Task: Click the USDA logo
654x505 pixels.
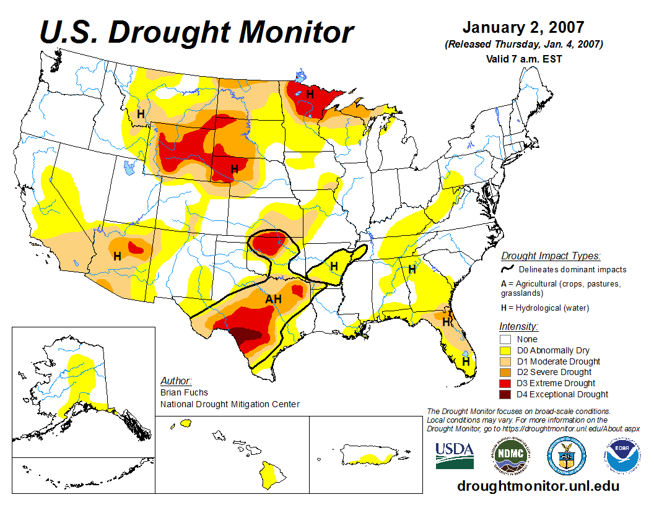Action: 455,455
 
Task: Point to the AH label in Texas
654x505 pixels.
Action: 274,300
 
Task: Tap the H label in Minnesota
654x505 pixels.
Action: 310,95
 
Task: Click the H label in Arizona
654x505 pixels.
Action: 117,256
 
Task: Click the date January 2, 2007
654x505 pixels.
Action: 523,28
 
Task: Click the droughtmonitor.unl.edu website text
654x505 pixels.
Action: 538,486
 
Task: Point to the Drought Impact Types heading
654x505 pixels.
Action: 551,256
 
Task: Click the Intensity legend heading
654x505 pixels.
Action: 518,326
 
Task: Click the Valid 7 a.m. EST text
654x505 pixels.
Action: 524,59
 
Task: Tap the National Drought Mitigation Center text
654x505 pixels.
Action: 230,404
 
